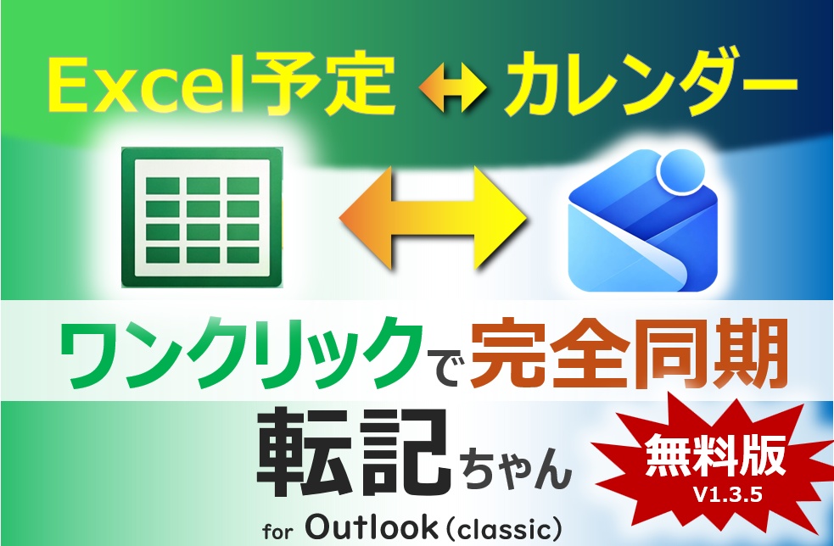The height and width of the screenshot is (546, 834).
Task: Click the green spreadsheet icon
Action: pyautogui.click(x=202, y=218)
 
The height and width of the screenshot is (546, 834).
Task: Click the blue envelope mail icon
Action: pyautogui.click(x=643, y=229)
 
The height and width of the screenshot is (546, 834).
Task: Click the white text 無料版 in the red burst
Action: pyautogui.click(x=714, y=460)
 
